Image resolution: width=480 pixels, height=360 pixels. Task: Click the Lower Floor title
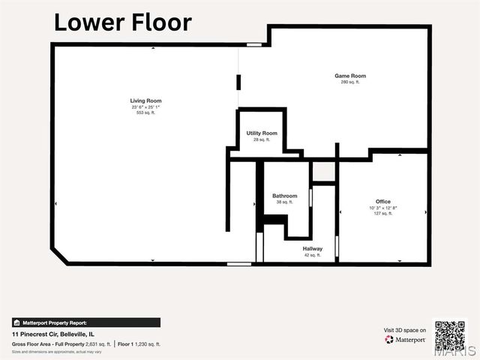tap(122, 22)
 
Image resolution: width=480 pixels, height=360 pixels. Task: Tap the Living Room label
tap(146, 100)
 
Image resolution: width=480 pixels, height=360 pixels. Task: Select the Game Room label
tap(349, 76)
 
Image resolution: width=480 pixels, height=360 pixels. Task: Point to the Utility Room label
tap(262, 133)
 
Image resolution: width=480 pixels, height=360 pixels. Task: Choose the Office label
tap(382, 202)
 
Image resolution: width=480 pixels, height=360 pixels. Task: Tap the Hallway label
tap(313, 249)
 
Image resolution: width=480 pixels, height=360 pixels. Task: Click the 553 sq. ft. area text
tap(146, 112)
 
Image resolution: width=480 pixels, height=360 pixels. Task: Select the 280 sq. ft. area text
tap(349, 82)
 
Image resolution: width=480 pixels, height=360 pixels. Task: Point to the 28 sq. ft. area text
tap(262, 139)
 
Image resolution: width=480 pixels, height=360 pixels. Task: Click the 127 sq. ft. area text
tap(382, 214)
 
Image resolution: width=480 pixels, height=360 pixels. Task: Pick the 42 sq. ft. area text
tap(313, 255)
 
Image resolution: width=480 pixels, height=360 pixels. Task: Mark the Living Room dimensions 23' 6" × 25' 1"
tap(146, 106)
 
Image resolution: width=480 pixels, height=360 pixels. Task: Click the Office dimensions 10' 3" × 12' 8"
tap(382, 208)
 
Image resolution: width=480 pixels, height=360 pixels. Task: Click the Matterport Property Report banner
tap(85, 322)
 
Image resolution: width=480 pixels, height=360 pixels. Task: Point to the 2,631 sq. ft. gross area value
tap(98, 343)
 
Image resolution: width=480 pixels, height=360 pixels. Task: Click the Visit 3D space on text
tap(405, 330)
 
